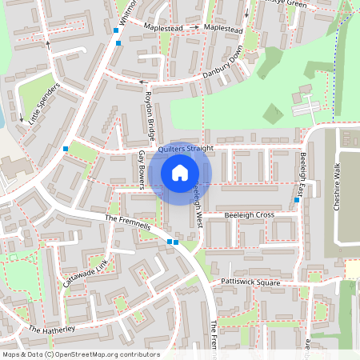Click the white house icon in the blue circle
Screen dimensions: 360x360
(x=180, y=172)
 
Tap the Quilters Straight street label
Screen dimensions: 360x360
(x=186, y=148)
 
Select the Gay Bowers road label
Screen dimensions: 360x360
(x=142, y=170)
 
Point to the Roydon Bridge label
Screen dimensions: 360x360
(x=149, y=113)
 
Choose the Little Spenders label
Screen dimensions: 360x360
(x=44, y=105)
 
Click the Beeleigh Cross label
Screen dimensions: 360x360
(x=249, y=215)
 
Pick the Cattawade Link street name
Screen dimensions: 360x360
(x=86, y=272)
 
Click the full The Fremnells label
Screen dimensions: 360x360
(x=128, y=223)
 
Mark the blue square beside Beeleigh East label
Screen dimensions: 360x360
(x=297, y=200)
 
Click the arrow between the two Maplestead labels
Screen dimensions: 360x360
(x=195, y=28)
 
